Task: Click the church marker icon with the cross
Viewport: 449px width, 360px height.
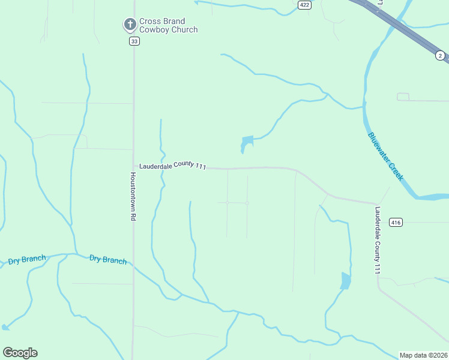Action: point(129,25)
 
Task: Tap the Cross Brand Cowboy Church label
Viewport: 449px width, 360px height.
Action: point(168,25)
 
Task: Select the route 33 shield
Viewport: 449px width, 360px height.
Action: point(134,41)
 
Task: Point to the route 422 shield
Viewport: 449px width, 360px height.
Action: point(304,5)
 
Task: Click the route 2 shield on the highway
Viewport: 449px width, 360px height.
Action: point(441,55)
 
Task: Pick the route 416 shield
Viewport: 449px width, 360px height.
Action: point(395,223)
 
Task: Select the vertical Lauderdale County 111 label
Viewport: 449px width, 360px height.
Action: point(378,241)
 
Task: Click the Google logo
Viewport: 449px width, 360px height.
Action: point(20,353)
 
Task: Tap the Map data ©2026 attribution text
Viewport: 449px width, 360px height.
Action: point(423,355)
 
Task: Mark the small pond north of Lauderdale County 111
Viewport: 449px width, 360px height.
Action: point(246,143)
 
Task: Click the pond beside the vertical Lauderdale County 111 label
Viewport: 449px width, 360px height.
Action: point(345,280)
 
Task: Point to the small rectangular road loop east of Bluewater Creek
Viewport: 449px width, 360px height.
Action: point(403,97)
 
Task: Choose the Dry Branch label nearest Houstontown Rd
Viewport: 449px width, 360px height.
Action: point(108,260)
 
